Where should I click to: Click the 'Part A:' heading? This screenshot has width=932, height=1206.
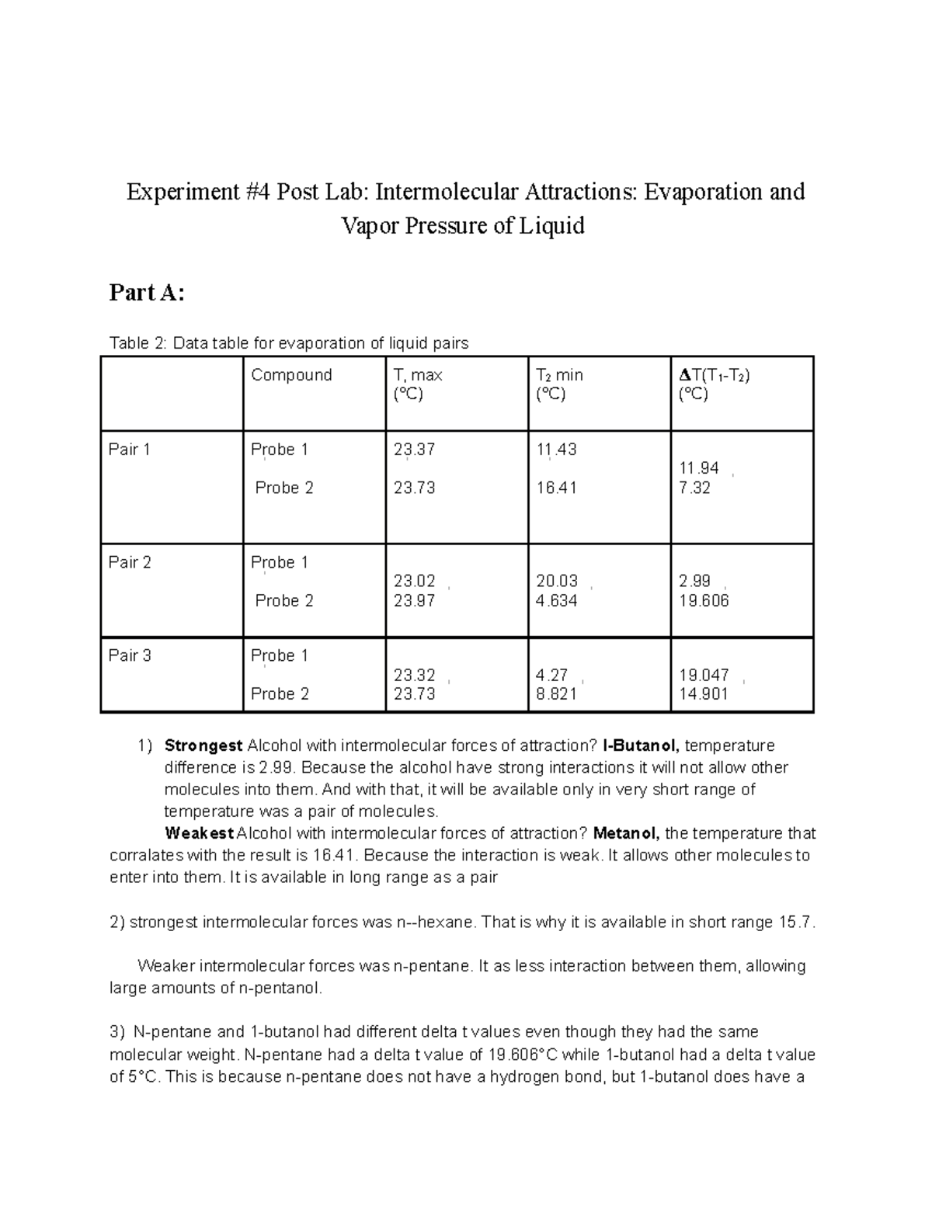click(147, 293)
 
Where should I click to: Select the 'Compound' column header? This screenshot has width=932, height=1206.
click(291, 375)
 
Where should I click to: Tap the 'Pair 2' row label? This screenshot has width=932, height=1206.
click(130, 562)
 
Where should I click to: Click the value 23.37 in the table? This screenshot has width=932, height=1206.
click(414, 450)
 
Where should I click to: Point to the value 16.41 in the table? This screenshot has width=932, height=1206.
click(556, 488)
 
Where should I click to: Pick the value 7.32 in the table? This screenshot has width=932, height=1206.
click(694, 488)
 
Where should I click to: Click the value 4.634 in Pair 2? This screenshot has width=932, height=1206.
click(556, 600)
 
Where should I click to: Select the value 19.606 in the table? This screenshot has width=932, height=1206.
click(704, 600)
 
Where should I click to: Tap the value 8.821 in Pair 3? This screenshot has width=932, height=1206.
click(556, 693)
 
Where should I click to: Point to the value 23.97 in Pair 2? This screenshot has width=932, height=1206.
click(414, 600)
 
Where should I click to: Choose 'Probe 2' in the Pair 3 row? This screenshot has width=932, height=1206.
click(280, 693)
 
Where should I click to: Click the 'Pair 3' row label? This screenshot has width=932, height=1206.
click(130, 655)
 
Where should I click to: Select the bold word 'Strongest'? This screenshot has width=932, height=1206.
click(203, 745)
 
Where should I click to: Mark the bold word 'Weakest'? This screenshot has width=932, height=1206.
click(200, 833)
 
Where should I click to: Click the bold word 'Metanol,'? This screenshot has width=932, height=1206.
click(627, 833)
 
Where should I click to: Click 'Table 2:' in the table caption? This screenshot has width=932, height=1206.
click(138, 343)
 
